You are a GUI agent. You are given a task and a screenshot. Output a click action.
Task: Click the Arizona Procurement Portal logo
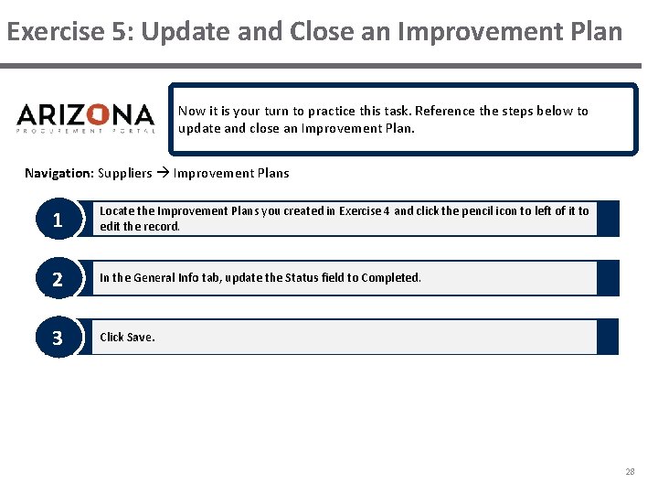pos(86,118)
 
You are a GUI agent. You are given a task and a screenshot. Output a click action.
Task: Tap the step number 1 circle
pos(58,220)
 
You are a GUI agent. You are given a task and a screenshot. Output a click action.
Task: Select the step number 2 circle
pos(58,279)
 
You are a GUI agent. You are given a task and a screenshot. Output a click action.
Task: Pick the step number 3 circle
pos(58,338)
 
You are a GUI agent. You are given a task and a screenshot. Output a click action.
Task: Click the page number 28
pos(630,472)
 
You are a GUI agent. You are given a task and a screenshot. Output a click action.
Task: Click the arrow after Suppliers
pos(163,173)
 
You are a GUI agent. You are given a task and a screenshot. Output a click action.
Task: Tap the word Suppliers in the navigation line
pos(125,173)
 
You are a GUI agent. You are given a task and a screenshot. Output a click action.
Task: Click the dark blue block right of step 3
pos(608,337)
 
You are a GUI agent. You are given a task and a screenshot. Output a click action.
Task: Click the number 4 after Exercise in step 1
pos(386,211)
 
